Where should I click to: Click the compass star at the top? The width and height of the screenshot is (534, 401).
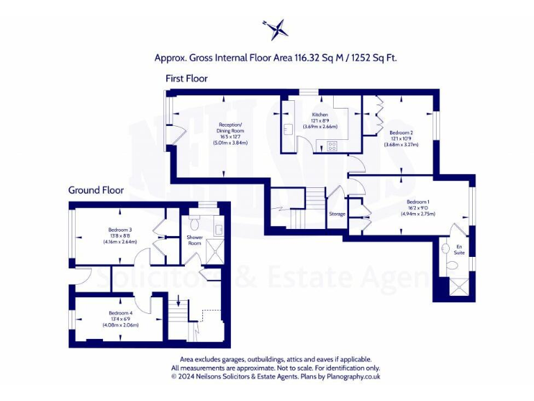[x=276, y=29]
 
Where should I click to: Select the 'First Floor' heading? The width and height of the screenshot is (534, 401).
[x=186, y=79]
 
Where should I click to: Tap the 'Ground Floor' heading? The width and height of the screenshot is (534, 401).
[x=96, y=190]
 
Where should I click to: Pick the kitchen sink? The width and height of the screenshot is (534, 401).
[x=287, y=129]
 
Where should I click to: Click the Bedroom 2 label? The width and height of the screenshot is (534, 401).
[x=401, y=132]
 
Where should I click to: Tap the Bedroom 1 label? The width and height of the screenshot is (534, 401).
[x=418, y=202]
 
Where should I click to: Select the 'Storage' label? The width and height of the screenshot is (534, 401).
[x=337, y=214]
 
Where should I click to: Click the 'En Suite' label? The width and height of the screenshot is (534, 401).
[x=459, y=249]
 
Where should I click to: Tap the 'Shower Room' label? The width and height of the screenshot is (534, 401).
[x=194, y=239]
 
